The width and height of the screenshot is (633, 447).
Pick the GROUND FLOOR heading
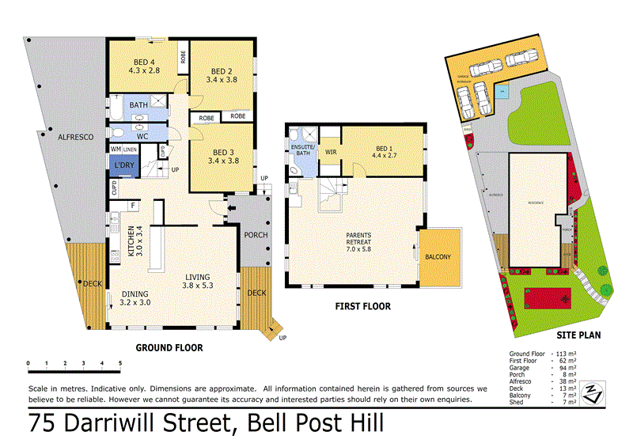[x=169, y=347]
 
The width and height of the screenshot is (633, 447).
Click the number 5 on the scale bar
[x=120, y=364]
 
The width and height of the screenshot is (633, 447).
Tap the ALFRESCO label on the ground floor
[x=76, y=138]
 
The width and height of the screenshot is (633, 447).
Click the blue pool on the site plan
[x=502, y=93]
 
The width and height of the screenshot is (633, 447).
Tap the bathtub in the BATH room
[x=116, y=104]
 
